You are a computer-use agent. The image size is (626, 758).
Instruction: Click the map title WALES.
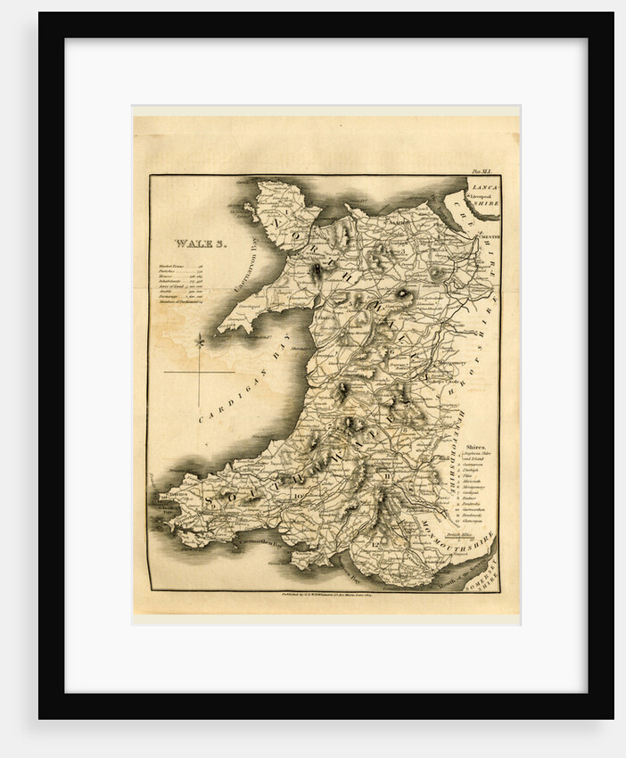pyautogui.click(x=201, y=243)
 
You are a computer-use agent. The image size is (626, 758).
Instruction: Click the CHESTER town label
pyautogui.click(x=487, y=236)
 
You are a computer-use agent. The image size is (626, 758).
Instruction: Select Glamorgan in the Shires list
pyautogui.click(x=474, y=522)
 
